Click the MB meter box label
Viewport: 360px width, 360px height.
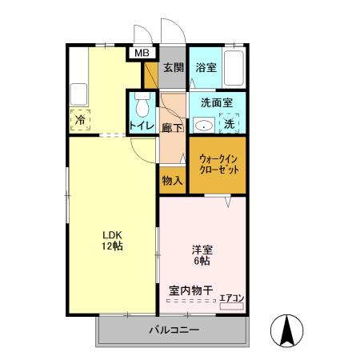(142, 53)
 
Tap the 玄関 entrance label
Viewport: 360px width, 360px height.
(174, 67)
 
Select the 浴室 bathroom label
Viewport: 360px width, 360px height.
(206, 67)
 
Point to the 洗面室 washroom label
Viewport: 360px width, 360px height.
(216, 103)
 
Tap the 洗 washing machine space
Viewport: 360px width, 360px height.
(229, 124)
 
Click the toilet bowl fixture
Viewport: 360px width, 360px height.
(143, 106)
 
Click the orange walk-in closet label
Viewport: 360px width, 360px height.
(218, 164)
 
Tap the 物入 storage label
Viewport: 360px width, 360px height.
(172, 180)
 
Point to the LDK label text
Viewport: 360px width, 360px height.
(111, 234)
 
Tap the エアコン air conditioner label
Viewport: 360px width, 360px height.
(232, 298)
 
